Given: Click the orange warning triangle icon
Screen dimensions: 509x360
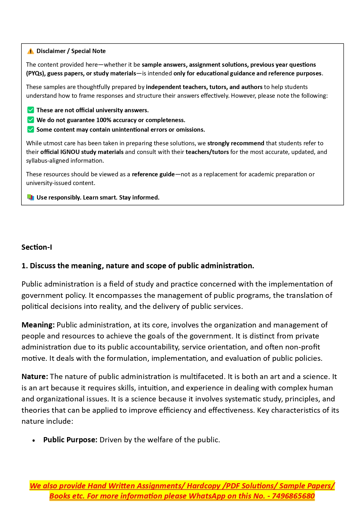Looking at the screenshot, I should click(30, 51).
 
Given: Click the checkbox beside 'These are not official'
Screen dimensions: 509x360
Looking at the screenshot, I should click(30, 110).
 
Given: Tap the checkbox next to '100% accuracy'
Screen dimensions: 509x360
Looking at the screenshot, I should click(30, 120).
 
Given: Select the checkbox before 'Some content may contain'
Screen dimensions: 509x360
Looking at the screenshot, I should click(30, 129).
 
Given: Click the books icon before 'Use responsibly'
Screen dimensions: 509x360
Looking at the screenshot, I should click(30, 198).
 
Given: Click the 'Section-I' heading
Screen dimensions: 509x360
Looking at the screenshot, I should click(37, 247).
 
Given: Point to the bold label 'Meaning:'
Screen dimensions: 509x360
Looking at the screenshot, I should click(38, 325).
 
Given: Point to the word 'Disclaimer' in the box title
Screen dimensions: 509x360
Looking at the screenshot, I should click(51, 51).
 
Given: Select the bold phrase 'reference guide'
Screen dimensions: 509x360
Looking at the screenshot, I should click(153, 174).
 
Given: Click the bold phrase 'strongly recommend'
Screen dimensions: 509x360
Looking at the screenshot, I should click(236, 143).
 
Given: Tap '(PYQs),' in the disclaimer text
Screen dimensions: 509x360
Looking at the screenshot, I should click(36, 73).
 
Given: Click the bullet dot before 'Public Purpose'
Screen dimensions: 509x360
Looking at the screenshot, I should click(34, 441).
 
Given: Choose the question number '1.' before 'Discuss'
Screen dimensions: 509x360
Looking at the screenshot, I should click(25, 266).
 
